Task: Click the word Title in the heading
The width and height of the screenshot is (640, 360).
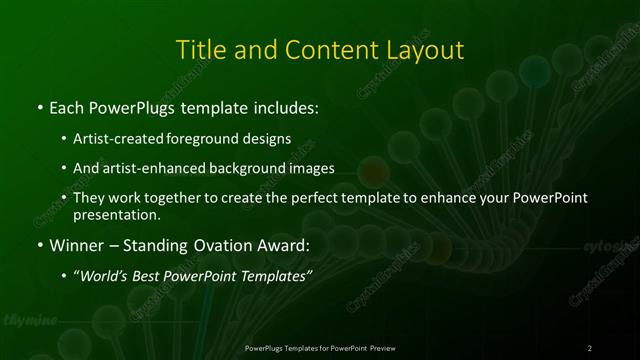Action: click(201, 49)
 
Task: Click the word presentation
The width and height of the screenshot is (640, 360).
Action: click(117, 214)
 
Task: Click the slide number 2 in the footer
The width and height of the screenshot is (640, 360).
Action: click(590, 348)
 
